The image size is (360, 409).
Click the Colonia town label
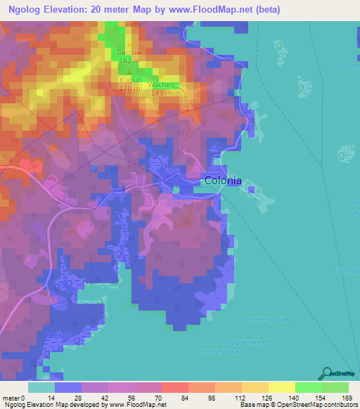[223, 181]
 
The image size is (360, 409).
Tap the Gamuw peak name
[129, 53]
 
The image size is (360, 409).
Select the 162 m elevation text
[129, 61]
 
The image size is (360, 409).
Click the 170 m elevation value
[129, 89]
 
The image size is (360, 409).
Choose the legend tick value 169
[344, 397]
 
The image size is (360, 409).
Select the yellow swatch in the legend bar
[282, 387]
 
